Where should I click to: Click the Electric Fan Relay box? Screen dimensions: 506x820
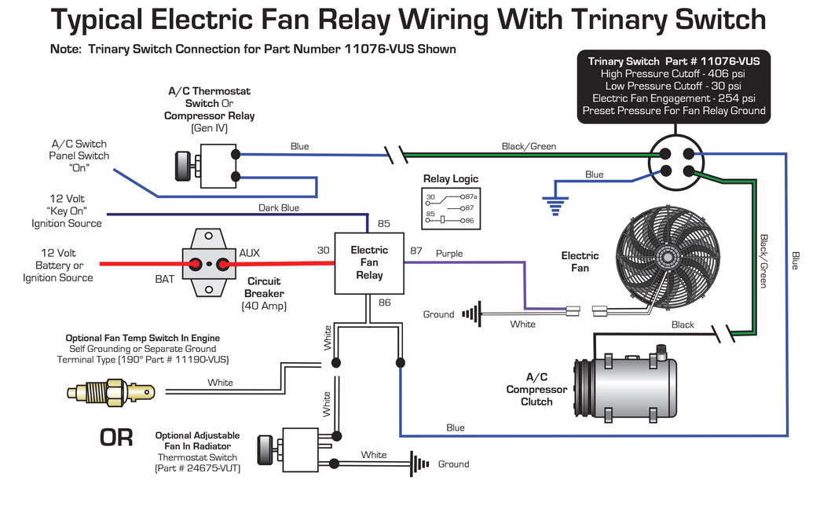[x=369, y=262]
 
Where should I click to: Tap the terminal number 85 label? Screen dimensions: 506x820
[x=384, y=223]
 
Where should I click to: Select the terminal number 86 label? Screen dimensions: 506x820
[x=384, y=302]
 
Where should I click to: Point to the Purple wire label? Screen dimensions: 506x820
[x=449, y=254]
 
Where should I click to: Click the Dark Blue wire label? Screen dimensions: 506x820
[x=279, y=208]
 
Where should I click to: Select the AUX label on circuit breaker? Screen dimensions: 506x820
[x=249, y=253]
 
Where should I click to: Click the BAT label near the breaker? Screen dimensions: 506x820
[x=165, y=279]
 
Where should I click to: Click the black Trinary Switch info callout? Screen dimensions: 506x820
[x=673, y=86]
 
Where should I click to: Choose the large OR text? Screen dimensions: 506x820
[x=115, y=438]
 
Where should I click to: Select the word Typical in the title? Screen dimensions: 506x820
[x=101, y=20]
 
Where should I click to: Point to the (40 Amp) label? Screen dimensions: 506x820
[x=262, y=306]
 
